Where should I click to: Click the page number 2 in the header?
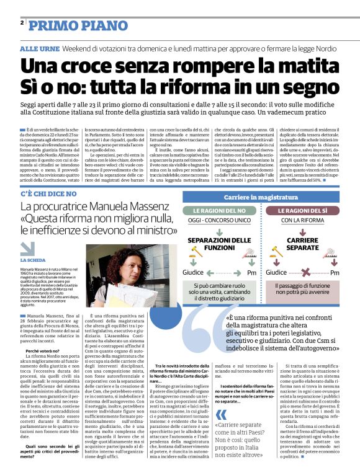22,23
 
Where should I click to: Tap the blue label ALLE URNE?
39,48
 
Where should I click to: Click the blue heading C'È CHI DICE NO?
48,177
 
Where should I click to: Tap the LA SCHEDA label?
36,260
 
